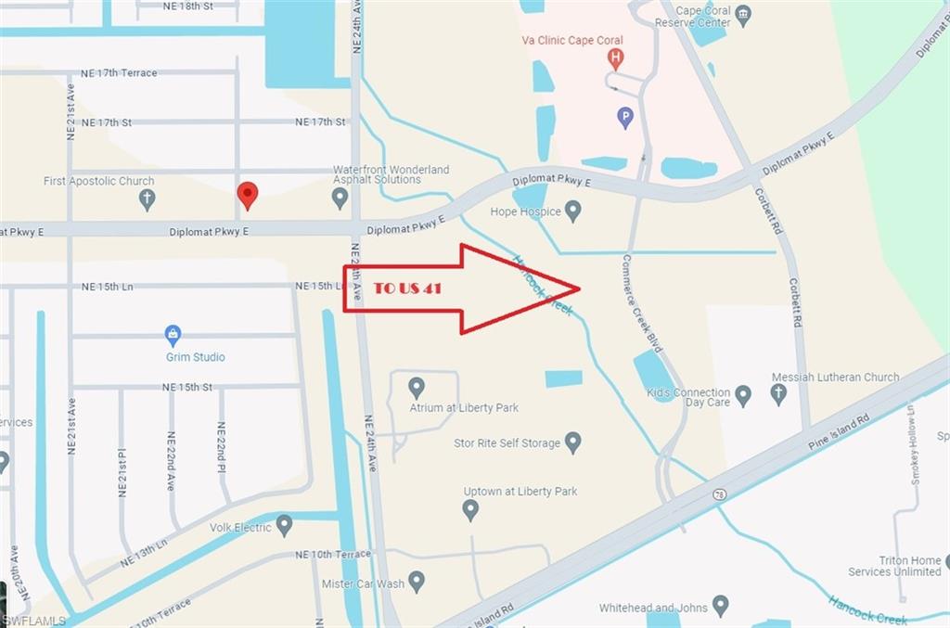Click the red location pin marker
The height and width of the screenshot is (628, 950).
point(247,194)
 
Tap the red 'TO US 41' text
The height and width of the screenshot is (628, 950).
point(406,288)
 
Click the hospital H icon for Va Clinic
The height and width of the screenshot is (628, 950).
point(614,58)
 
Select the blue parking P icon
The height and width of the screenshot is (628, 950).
point(626,118)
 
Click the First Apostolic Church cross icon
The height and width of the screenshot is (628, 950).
point(147,199)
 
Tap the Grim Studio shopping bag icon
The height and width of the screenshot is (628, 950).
point(173,335)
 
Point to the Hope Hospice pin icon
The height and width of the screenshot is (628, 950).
point(573,211)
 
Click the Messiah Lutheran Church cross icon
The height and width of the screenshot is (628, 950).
point(778,394)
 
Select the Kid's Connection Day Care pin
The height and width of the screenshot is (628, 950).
point(743,396)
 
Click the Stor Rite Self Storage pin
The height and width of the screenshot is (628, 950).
point(573,442)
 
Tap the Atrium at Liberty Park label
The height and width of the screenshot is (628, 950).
point(464,407)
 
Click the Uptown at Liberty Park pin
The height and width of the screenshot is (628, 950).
point(470,509)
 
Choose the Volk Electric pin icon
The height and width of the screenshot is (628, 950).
point(284,526)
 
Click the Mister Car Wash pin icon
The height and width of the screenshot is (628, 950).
point(417,582)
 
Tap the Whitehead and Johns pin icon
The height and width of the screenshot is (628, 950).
point(720,607)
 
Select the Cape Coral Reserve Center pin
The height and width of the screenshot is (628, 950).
point(743,16)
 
